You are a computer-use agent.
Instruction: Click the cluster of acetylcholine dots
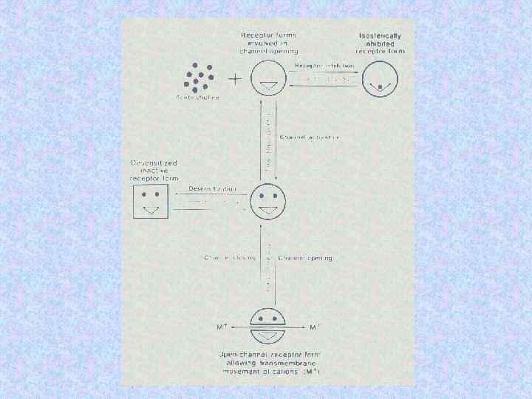198,75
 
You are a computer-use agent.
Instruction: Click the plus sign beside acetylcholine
236,78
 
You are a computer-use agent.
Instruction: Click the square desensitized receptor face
151,200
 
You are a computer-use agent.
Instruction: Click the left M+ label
221,327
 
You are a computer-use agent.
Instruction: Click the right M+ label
316,327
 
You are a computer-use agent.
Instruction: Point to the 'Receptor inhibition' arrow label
324,66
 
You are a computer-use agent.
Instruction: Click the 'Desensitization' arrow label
211,189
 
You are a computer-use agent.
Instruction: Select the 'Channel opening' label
305,258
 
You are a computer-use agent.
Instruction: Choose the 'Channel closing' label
229,258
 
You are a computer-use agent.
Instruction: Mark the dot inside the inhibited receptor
381,86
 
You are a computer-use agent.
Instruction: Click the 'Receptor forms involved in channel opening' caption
269,44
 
